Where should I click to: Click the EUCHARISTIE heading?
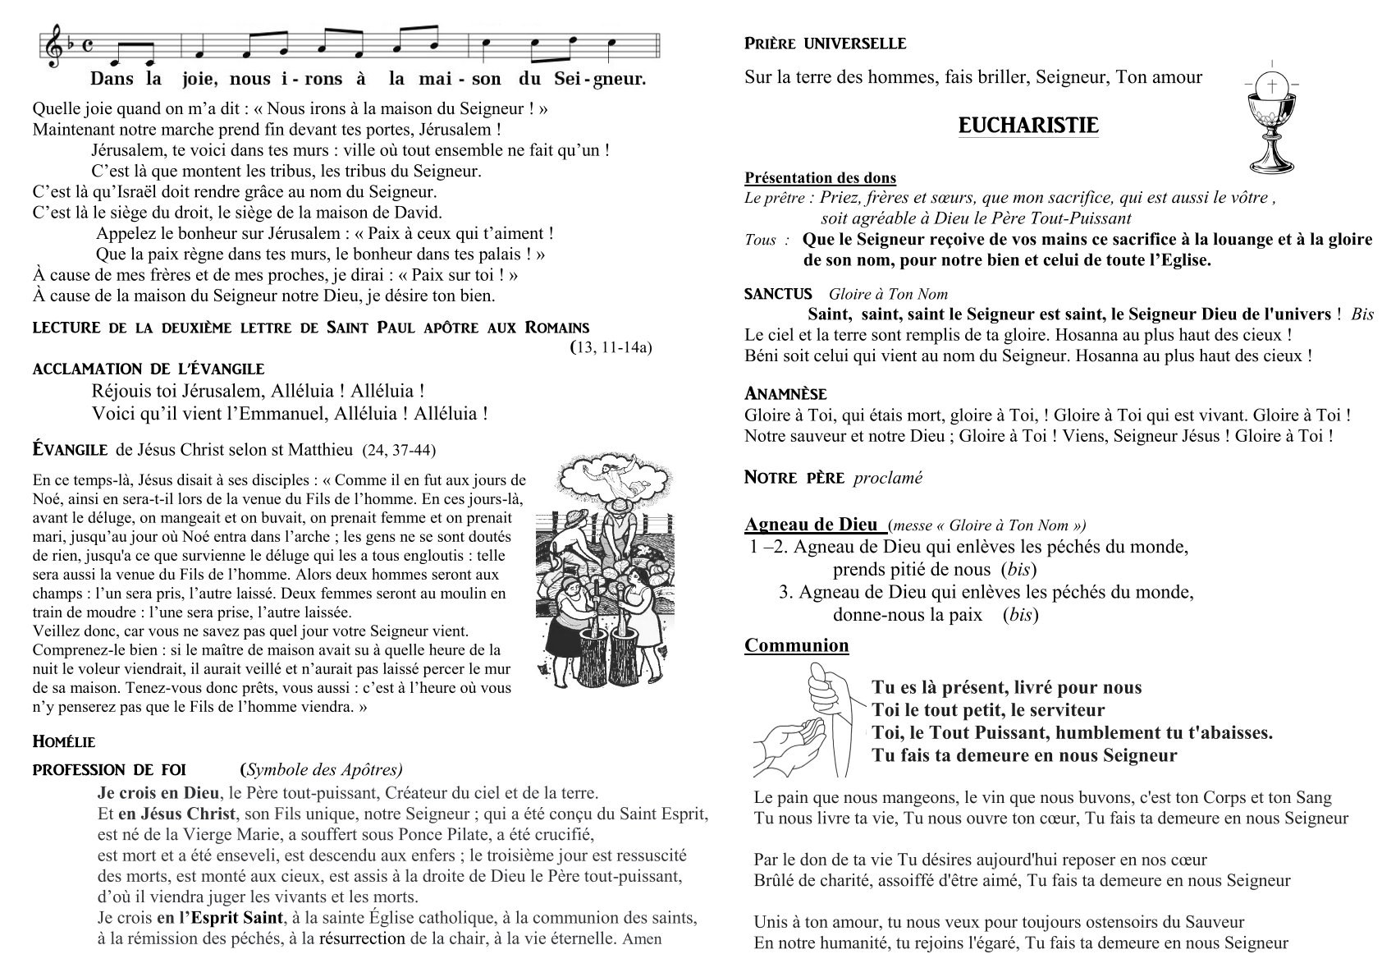click(1028, 126)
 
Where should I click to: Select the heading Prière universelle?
click(825, 44)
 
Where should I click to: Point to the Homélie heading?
click(64, 742)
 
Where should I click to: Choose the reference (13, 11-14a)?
click(611, 347)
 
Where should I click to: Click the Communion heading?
click(796, 645)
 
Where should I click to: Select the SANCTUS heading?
click(778, 294)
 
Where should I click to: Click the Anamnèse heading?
click(785, 394)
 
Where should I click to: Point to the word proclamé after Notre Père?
click(888, 478)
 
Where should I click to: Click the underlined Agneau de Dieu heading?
click(811, 525)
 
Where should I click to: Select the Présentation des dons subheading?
click(820, 178)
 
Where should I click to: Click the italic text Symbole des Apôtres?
click(323, 769)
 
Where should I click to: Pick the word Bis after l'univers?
click(1362, 314)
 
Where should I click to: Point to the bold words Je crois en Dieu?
click(158, 793)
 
